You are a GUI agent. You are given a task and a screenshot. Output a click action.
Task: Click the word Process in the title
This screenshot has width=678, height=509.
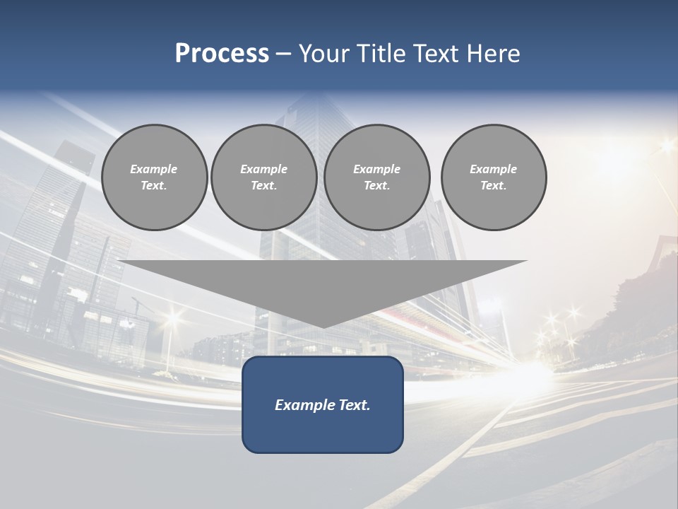click(222, 54)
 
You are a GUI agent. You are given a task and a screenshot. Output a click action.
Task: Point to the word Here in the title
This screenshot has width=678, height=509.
click(494, 54)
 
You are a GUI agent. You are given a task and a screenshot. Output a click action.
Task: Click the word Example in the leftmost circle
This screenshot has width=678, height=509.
click(154, 169)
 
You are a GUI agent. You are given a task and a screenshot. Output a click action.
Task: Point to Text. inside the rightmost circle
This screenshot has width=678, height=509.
click(494, 185)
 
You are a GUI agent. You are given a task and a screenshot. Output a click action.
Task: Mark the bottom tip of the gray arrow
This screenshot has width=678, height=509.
click(323, 326)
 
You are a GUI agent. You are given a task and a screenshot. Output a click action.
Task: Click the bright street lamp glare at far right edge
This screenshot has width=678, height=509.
click(666, 146)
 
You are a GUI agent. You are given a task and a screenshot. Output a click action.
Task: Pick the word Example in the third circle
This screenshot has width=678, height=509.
click(376, 169)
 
